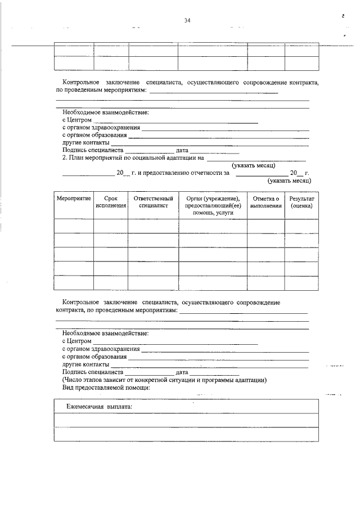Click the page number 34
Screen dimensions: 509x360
tap(187, 21)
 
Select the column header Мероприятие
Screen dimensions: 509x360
tap(74, 199)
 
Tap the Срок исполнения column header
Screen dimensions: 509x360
tap(110, 202)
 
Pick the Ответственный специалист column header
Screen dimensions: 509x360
tap(153, 202)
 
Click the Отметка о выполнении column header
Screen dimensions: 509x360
tap(266, 202)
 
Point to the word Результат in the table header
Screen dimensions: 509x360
tap(301, 199)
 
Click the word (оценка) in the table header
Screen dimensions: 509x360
tap(301, 206)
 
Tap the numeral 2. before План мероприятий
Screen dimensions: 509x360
tap(65, 158)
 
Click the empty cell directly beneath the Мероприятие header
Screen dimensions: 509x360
tap(74, 226)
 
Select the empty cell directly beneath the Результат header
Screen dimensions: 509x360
tap(301, 226)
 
